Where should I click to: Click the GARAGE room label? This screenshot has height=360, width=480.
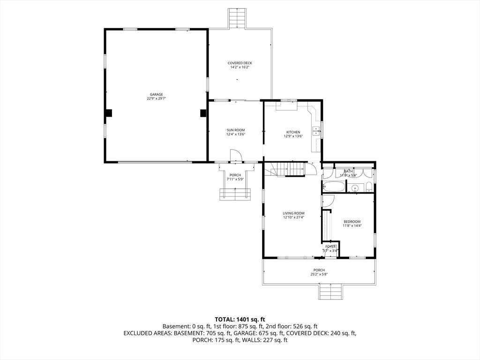coord(156,94)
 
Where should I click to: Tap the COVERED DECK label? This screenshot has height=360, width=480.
coord(240,63)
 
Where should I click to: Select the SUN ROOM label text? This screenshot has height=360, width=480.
coord(236,130)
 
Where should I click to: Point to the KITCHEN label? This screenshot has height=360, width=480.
coord(293,132)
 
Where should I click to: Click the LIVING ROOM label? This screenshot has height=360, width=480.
coord(293,213)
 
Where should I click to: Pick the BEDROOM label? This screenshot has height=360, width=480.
coord(352,221)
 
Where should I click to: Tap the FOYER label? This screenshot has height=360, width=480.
coord(331,247)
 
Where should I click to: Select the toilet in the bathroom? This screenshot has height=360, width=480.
coord(369,188)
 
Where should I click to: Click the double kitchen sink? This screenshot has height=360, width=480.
coord(316,131)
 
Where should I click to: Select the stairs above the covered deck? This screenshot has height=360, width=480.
coord(237,19)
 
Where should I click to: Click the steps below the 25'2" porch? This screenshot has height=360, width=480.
coord(331,292)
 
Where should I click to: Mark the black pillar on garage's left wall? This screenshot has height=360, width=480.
coord(108,113)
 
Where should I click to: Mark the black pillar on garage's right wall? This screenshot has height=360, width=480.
coord(203,113)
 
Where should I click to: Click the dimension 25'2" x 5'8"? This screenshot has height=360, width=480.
coord(319,274)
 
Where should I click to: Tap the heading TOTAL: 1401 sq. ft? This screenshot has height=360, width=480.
coord(240,319)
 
